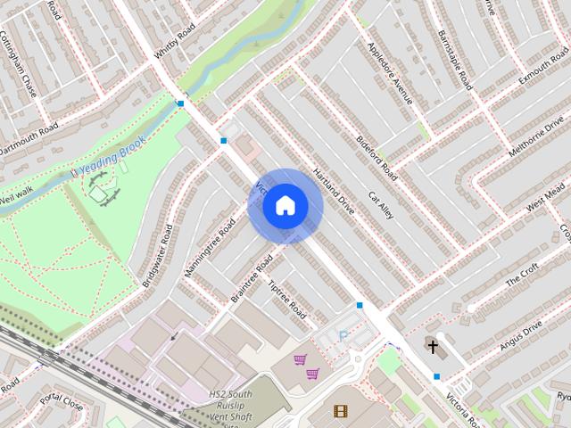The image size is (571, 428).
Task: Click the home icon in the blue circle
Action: [285, 206]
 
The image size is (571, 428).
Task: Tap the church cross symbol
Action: [433, 346]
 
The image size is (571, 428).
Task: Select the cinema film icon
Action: [340, 411]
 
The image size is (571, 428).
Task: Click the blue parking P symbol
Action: [343, 336]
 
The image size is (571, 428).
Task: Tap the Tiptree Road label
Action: [287, 300]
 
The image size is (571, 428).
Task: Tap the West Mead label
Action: [545, 198]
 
